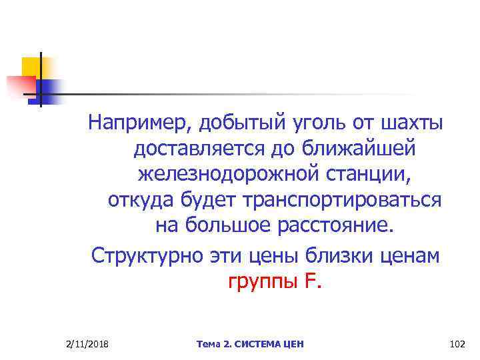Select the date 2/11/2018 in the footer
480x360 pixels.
pyautogui.click(x=89, y=343)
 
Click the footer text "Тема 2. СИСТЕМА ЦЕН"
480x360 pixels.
pyautogui.click(x=250, y=343)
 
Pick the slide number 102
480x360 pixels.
pyautogui.click(x=457, y=343)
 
